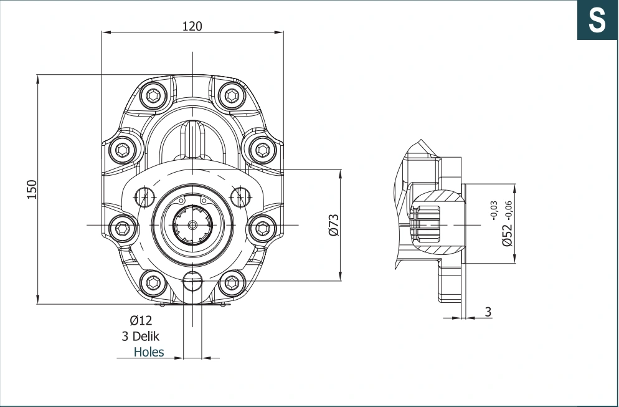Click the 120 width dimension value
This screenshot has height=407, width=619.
(192, 26)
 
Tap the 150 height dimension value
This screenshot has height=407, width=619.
(32, 189)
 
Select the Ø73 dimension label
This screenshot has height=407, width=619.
(334, 225)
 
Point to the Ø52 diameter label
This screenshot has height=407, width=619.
(507, 235)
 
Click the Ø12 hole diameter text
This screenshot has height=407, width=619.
(141, 320)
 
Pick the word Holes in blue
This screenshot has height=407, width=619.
(149, 352)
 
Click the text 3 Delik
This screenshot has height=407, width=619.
(141, 337)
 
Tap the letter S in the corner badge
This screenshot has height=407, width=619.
(597, 20)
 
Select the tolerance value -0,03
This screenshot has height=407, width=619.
(494, 211)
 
